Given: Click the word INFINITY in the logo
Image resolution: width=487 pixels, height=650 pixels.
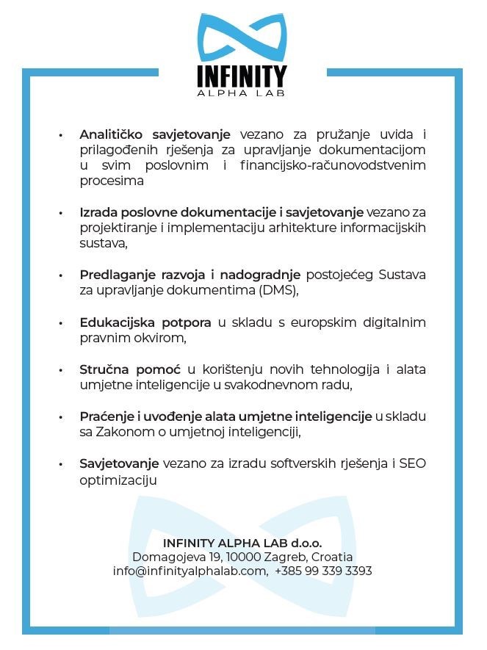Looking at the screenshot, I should coord(242,76).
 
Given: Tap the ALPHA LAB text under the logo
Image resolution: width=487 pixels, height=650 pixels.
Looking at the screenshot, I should coord(242,93).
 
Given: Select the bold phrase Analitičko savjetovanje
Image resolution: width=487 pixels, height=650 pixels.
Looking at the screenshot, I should coord(155,134).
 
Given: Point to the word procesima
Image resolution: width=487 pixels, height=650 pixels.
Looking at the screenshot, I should coord(112,181).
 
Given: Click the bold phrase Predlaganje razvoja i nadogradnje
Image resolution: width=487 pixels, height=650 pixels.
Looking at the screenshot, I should coord(190,275).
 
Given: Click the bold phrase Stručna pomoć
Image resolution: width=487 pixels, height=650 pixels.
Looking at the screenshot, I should coord(130,369).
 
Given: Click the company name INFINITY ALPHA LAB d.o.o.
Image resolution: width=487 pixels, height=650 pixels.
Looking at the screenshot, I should coord(242,544).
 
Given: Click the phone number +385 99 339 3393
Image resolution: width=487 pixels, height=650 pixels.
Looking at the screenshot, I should coord(324,571).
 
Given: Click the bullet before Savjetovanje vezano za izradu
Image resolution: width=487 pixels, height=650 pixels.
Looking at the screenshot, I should coord(62,464).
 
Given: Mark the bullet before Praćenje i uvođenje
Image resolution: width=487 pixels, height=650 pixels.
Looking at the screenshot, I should coord(62,417).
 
